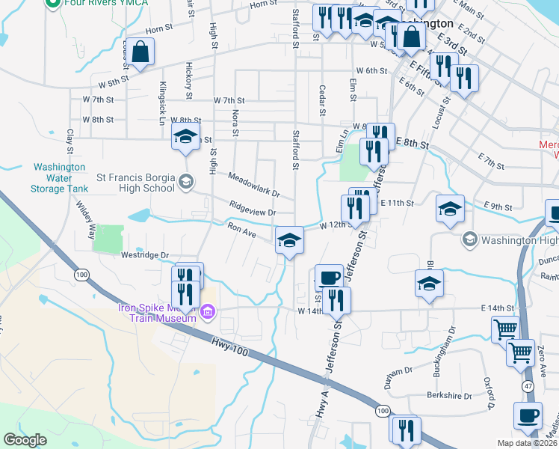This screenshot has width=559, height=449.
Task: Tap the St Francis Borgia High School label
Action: (136, 183)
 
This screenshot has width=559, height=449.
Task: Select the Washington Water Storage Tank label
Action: (63, 179)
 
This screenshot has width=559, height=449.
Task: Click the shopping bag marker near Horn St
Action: (140, 52)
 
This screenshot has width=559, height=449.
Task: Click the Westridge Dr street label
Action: (145, 255)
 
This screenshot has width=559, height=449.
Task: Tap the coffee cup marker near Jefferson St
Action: (328, 278)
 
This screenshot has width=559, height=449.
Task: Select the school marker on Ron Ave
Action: (288, 240)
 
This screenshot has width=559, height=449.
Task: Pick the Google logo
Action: (25, 440)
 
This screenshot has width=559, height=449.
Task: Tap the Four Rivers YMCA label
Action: (97, 3)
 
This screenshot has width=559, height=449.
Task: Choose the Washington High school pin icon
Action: (469, 240)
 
